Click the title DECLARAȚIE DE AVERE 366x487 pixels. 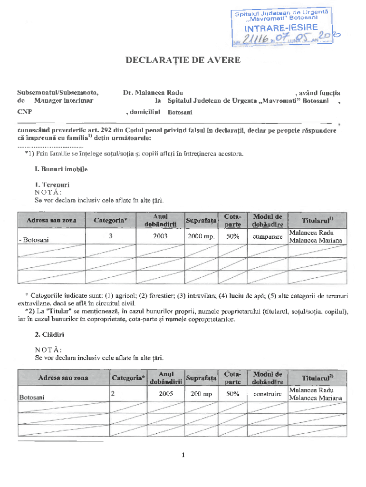(183, 60)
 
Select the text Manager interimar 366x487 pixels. (64, 101)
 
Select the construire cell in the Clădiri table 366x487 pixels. (268, 394)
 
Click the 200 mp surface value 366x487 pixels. (201, 394)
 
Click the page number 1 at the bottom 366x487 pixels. (183, 455)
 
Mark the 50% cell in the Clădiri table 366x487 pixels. (232, 394)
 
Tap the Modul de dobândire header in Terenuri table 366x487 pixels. (268, 220)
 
